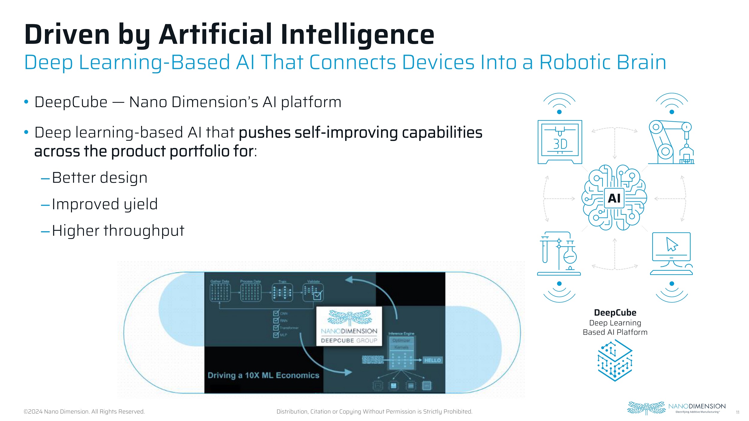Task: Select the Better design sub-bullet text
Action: click(99, 178)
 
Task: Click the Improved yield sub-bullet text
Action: click(105, 204)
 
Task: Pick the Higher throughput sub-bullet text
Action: click(118, 231)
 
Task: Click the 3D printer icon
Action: click(560, 142)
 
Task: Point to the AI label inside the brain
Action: click(614, 198)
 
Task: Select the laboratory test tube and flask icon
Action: click(559, 253)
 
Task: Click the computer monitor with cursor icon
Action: click(671, 253)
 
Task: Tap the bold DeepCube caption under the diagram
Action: click(615, 313)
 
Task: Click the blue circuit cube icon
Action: click(615, 360)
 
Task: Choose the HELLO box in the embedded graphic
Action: click(432, 360)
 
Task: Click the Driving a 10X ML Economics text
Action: click(263, 375)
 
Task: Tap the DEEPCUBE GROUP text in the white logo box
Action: click(349, 340)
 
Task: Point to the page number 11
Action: click(738, 412)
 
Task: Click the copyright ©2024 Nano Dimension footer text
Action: click(84, 412)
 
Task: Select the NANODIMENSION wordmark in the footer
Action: click(697, 406)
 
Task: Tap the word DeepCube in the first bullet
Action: click(71, 102)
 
